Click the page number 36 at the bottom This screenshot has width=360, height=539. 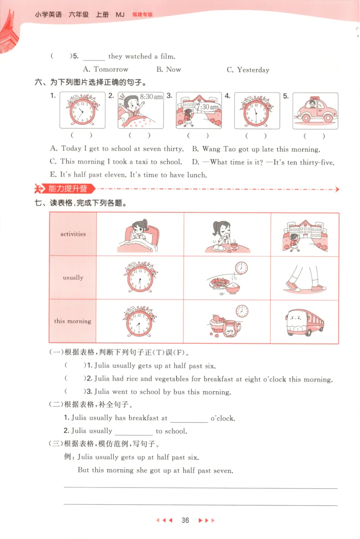pos(185,521)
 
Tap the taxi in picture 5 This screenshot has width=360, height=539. pos(315,111)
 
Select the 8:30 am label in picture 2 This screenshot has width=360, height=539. pos(151,97)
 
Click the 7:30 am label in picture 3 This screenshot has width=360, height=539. pos(207,107)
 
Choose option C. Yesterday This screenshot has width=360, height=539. pos(248,70)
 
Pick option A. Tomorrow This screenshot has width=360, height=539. pos(106,70)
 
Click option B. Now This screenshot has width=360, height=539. pos(169,70)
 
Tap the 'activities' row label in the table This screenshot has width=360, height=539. pos(73,234)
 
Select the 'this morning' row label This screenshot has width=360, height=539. pos(73,321)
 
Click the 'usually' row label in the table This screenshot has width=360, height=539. pos(73,278)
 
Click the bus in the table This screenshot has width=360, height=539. pos(305,322)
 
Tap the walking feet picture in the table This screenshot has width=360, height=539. pos(305,278)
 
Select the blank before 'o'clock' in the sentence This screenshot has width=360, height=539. pos(189,419)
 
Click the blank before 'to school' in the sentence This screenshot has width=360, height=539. pos(134,431)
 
